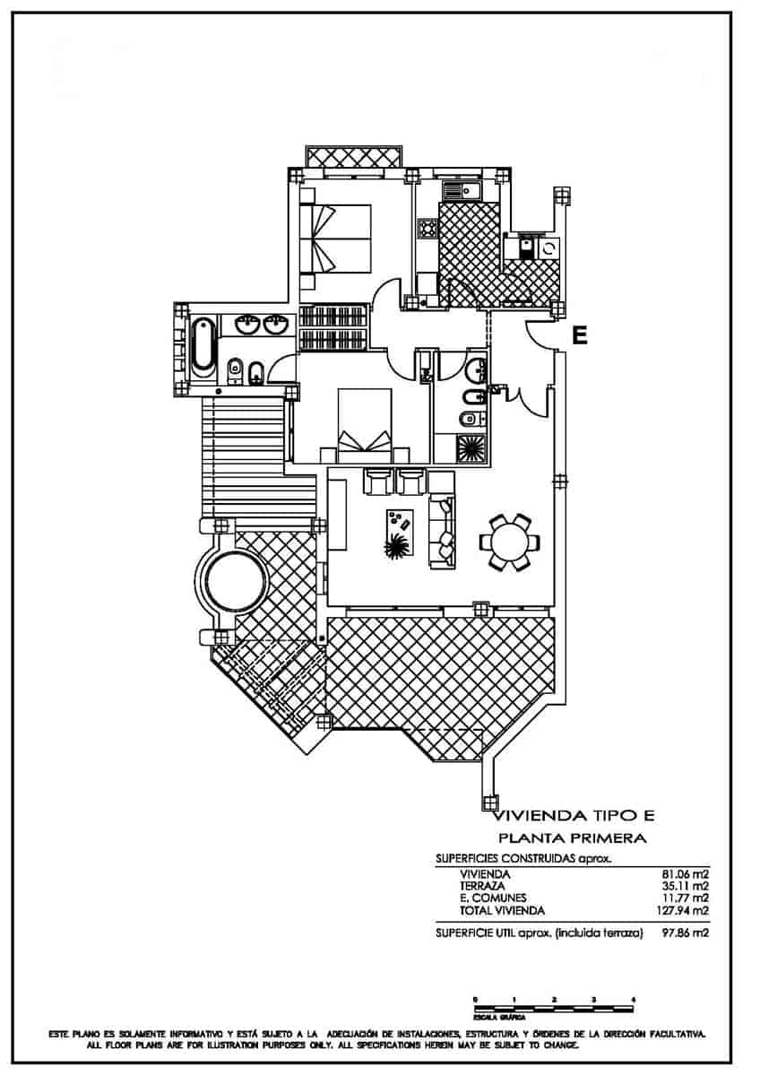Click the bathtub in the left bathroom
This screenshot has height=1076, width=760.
tap(203, 345)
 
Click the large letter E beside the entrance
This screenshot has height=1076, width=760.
tap(580, 335)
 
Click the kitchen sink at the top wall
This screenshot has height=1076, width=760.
tap(462, 190)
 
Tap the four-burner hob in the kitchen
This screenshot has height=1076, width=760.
tap(426, 230)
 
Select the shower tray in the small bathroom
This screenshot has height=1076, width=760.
tap(471, 447)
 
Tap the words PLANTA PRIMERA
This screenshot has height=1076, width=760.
tap(573, 838)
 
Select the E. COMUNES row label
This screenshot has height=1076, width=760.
tap(493, 898)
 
